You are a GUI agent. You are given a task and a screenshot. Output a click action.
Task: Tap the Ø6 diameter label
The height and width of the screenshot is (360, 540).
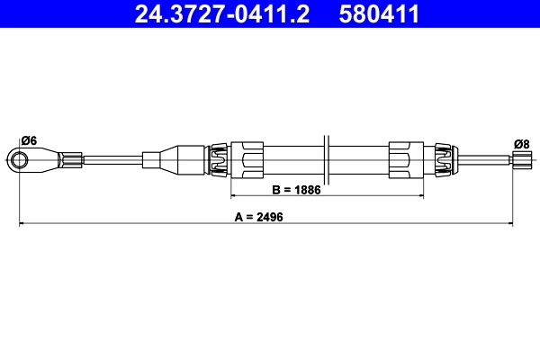[x=28, y=140]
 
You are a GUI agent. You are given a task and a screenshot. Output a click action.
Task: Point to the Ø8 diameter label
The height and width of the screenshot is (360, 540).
[x=521, y=143]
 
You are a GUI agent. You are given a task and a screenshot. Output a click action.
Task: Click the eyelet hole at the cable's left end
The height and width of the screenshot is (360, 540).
[x=20, y=161]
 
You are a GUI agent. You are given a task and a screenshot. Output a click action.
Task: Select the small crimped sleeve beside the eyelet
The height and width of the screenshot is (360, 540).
[x=70, y=161]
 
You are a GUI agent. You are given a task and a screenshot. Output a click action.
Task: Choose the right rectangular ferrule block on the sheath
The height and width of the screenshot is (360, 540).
[x=404, y=161]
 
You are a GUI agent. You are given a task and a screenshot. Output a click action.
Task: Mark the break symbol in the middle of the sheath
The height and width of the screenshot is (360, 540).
[x=328, y=161]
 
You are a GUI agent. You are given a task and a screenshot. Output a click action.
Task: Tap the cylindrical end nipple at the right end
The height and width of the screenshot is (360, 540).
[x=521, y=161]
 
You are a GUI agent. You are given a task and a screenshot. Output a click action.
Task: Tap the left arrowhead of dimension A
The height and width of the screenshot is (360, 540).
[x=22, y=222]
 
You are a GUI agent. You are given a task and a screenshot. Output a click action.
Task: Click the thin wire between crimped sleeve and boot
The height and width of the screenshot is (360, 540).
[x=112, y=161]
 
